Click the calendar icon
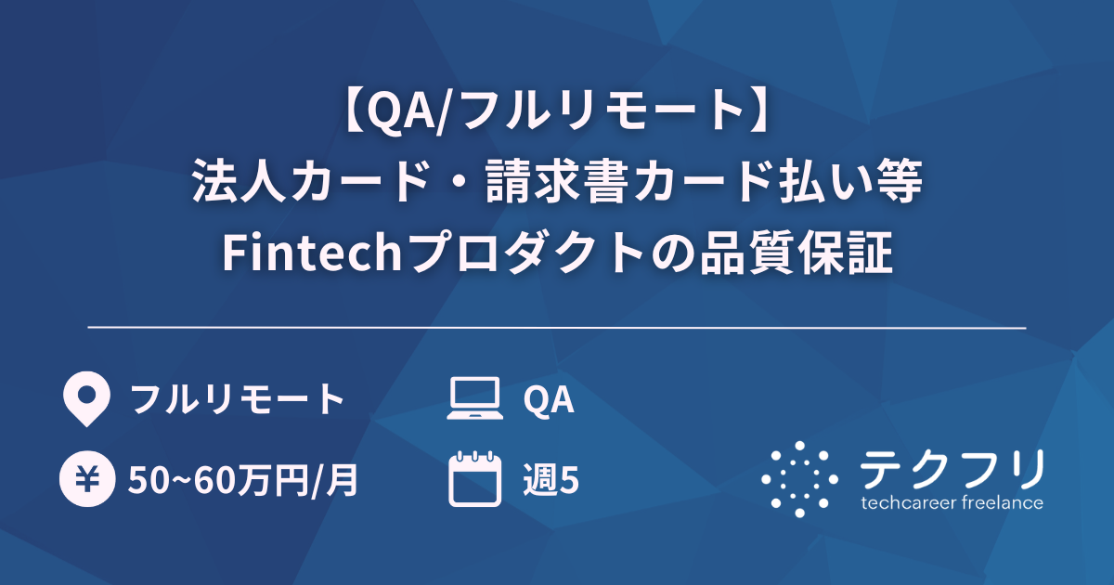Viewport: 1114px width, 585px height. (x=475, y=479)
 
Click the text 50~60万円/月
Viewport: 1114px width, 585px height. (x=243, y=480)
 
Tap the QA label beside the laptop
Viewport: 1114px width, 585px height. (x=549, y=400)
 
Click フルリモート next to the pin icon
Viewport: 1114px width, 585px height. (x=238, y=400)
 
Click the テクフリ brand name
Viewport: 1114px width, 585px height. (x=952, y=469)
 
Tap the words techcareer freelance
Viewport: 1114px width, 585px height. (x=952, y=503)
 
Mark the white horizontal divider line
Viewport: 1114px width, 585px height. (x=557, y=328)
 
